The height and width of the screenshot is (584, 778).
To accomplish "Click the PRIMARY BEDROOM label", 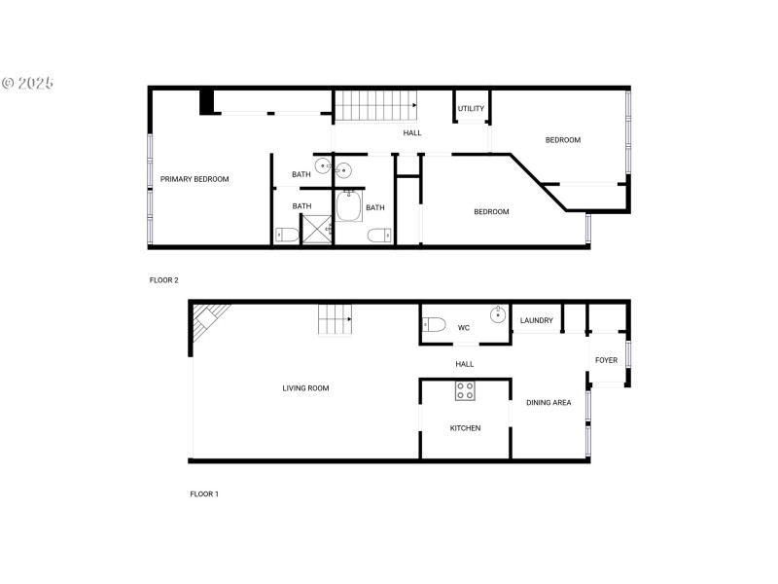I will pos(194,179).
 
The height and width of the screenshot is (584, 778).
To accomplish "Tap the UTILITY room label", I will pos(472,108).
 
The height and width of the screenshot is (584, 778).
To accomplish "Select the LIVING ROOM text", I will pos(305,388).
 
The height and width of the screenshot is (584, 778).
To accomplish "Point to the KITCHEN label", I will pos(465,428).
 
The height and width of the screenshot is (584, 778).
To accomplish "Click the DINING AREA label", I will pos(548,402).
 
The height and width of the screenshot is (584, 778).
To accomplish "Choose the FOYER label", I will pos(606,360).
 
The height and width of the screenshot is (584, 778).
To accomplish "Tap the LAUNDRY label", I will pos(537,320).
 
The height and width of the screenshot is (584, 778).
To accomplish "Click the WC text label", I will pos(464,328).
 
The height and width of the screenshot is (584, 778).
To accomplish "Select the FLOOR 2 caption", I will pos(163,280).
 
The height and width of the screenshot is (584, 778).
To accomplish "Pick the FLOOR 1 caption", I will pos(204,494).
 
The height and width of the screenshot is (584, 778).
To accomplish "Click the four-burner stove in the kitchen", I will pos(466,391).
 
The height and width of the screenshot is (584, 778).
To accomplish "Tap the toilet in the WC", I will pos(434,324).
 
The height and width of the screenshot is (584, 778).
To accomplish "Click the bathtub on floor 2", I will pos(348,206).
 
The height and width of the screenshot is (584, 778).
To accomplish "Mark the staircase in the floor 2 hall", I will pos(375,104).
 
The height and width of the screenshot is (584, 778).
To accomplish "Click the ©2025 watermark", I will pos(27,84).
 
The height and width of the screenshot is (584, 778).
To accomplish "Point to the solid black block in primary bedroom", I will pos(207,101).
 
